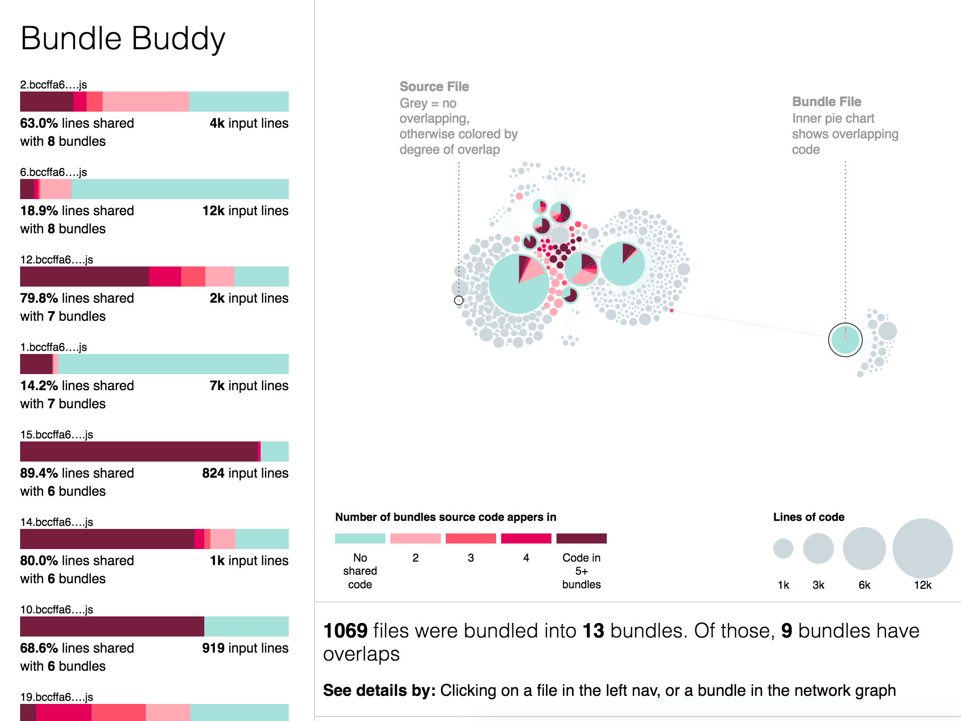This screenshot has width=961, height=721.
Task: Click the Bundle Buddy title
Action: tap(123, 39)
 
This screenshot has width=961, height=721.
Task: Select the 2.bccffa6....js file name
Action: tap(53, 84)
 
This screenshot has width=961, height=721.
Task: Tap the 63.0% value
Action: tap(39, 123)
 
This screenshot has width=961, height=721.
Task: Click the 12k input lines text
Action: tap(245, 211)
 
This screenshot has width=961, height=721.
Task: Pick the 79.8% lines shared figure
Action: tap(76, 298)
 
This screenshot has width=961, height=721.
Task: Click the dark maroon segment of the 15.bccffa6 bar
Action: tap(138, 452)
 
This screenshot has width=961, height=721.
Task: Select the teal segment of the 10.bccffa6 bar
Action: tap(246, 626)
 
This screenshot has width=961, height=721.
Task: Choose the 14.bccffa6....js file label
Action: tap(56, 522)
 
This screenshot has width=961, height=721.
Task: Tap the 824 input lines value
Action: tap(245, 473)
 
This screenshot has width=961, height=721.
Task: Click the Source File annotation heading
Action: tap(434, 86)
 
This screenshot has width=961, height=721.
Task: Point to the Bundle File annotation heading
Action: tap(826, 102)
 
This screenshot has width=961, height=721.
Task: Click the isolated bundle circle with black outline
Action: tap(845, 340)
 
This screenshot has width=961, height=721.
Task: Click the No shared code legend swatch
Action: tap(360, 538)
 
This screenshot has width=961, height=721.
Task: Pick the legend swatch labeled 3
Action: tap(470, 538)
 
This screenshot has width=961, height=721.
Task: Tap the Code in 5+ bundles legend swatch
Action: tap(581, 538)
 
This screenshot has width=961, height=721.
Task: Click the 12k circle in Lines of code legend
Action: tap(922, 548)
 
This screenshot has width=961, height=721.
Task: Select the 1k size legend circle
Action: tap(783, 549)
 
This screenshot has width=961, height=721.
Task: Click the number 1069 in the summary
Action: tap(345, 631)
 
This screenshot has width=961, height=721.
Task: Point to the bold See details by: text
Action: tap(379, 690)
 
